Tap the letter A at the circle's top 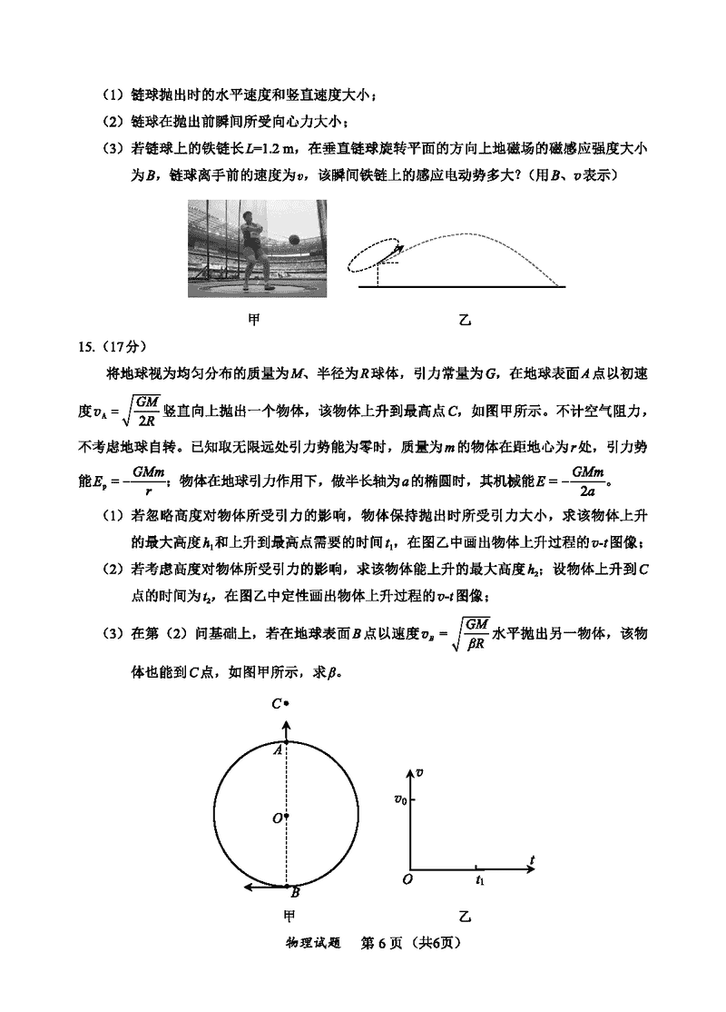point(277,749)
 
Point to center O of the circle point(277,818)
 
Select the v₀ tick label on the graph point(399,799)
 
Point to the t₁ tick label point(480,880)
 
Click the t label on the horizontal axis point(534,858)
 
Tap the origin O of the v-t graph point(408,878)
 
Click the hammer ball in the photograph point(293,240)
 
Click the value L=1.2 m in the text point(273,148)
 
